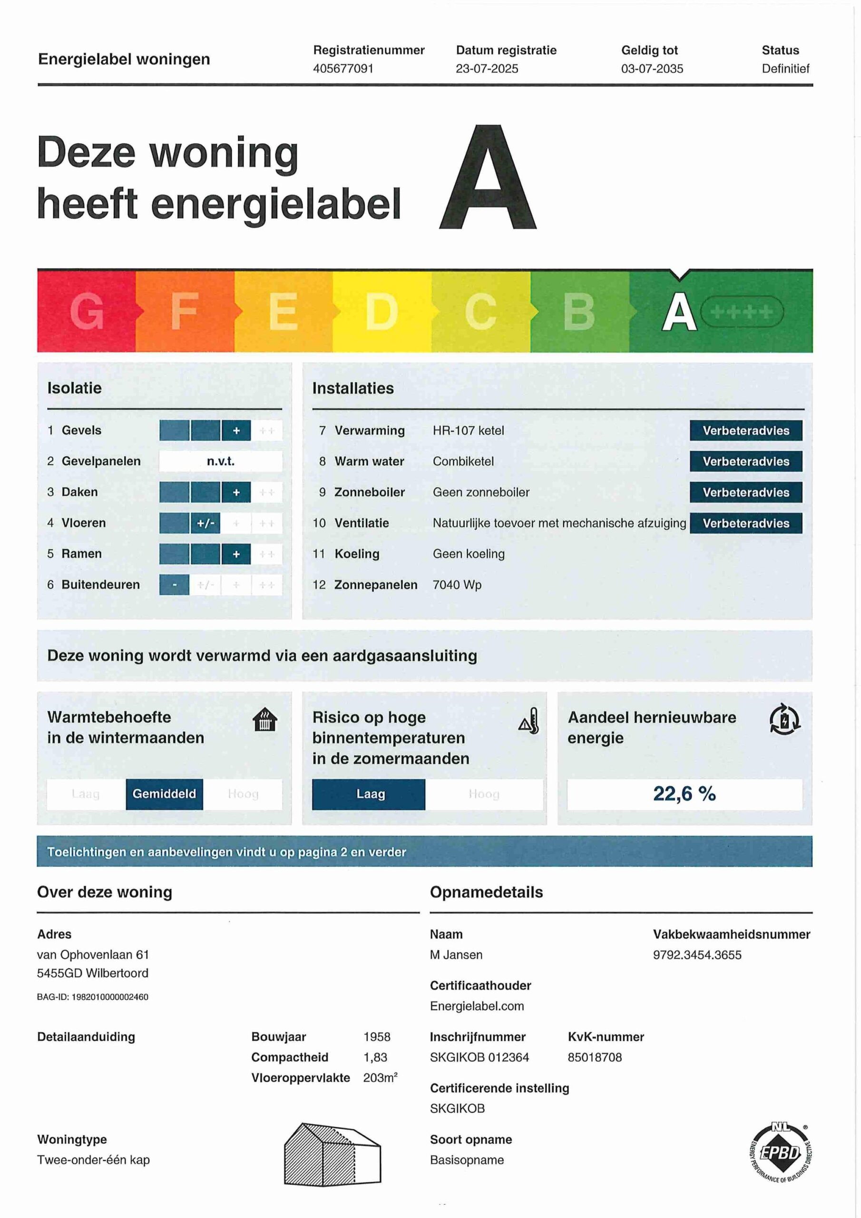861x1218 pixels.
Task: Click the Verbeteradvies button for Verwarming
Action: click(x=745, y=431)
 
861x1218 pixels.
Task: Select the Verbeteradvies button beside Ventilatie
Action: click(x=745, y=523)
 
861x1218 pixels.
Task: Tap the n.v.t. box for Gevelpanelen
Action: click(x=221, y=462)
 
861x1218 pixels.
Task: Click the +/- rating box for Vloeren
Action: click(x=205, y=523)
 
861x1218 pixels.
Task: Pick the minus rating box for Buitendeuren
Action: click(x=174, y=585)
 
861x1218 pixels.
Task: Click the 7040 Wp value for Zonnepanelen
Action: click(x=457, y=585)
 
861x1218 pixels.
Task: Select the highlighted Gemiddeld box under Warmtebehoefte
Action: click(x=164, y=794)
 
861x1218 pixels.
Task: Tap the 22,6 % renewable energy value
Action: click(x=684, y=794)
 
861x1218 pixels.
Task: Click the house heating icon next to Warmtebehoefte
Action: click(x=264, y=720)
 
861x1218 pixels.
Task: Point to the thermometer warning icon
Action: click(x=529, y=721)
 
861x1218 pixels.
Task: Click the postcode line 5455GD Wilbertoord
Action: click(x=92, y=973)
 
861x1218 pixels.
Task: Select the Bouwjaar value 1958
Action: click(x=377, y=1037)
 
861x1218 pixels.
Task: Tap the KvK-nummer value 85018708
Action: click(x=594, y=1057)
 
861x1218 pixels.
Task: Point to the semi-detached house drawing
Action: click(x=332, y=1154)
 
